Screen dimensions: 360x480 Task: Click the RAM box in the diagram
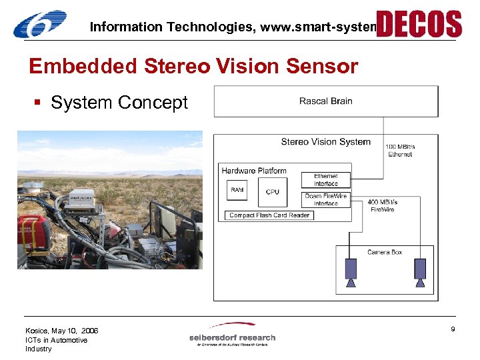point(237,191)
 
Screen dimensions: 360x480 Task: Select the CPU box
point(273,191)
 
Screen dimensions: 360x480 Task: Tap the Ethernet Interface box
point(326,180)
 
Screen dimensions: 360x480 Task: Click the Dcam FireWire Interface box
point(326,199)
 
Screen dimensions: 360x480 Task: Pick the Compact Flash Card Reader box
point(269,215)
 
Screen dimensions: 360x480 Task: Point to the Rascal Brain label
point(325,101)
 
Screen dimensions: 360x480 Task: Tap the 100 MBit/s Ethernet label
point(400,150)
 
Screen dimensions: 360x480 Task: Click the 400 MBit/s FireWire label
point(382,205)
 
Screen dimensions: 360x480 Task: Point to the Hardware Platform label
point(254,171)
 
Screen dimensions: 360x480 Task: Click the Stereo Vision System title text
point(325,141)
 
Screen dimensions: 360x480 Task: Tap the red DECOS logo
point(419,23)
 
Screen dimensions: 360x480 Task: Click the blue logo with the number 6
point(40,24)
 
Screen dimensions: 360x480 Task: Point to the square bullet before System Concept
point(41,103)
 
